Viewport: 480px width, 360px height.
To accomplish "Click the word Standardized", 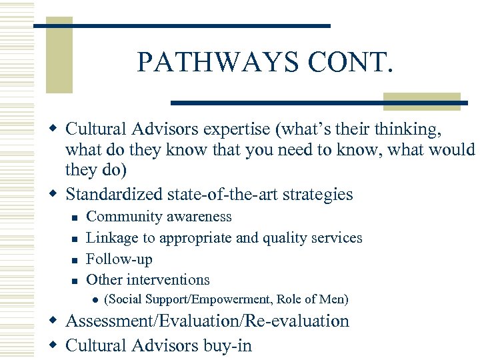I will (x=114, y=195).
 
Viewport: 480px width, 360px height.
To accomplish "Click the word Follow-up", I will (x=119, y=259).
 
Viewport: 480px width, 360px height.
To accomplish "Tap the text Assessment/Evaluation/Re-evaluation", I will (x=207, y=321).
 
